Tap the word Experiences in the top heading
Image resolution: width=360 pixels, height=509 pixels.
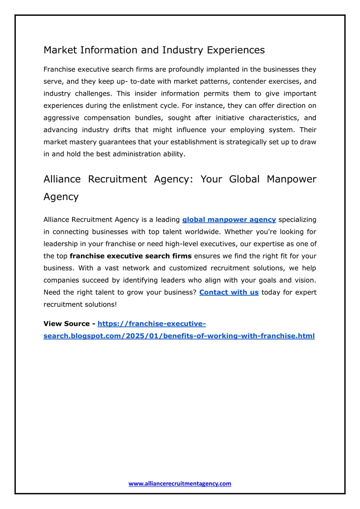tap(236, 50)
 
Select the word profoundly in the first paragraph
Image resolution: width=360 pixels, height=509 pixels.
tap(186, 70)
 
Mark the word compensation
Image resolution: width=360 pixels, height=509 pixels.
tap(107, 118)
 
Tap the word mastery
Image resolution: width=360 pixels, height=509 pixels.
tap(83, 142)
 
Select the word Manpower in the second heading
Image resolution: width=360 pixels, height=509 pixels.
tap(291, 179)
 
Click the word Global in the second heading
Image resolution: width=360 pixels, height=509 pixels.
tap(244, 179)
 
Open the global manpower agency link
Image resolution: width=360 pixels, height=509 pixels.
tap(229, 220)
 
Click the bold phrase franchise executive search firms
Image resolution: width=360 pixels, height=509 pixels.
tap(130, 256)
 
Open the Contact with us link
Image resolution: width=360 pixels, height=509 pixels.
tap(229, 293)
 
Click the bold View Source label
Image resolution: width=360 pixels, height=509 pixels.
tap(66, 324)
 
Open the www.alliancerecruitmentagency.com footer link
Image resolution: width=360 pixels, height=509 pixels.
tap(180, 484)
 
